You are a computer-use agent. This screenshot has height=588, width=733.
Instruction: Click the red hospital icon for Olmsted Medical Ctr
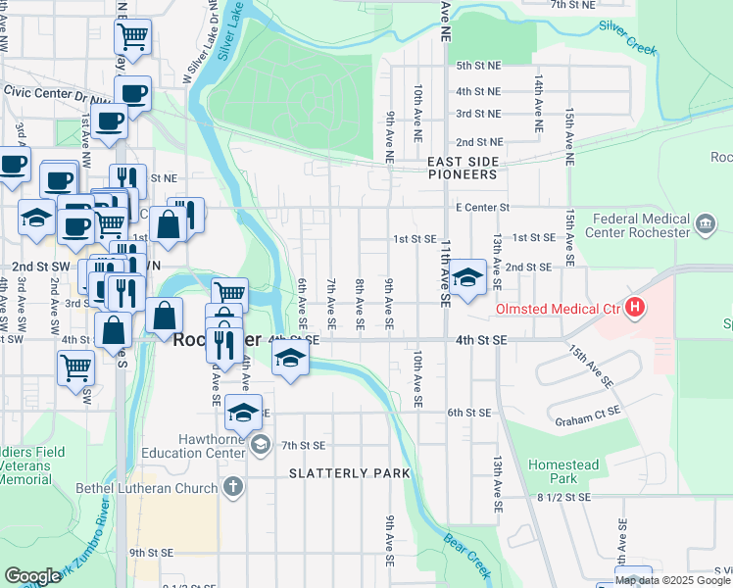(635, 309)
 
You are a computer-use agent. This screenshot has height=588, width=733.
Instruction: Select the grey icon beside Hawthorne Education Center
(260, 446)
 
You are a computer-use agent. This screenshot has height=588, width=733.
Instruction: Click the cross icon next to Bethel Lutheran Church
(232, 487)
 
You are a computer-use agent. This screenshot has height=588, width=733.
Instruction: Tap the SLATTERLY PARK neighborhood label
(349, 473)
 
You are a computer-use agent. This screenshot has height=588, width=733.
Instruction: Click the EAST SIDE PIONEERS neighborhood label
(463, 168)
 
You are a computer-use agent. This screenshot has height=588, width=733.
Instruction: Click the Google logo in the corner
(33, 576)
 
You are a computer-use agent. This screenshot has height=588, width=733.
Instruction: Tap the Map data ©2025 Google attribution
(672, 580)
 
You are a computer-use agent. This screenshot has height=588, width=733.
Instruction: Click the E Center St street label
(483, 208)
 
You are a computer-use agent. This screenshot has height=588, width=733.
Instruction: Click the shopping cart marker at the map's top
(132, 37)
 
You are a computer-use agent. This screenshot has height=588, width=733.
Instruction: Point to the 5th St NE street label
(478, 66)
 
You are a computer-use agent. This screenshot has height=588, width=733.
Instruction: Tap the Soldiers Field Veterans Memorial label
(39, 465)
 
